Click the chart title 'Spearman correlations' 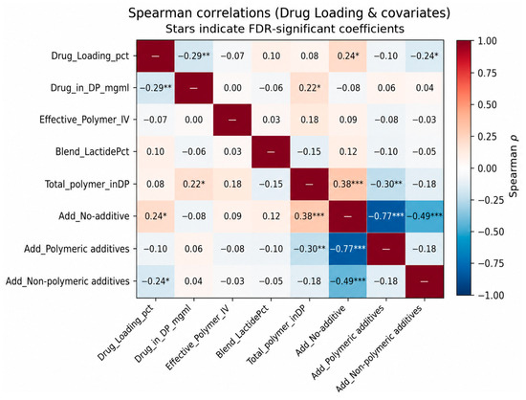[199, 13]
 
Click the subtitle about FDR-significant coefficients [285, 29]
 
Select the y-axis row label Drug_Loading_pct [90, 56]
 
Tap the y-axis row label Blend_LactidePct [92, 152]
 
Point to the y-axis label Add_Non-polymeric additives [68, 281]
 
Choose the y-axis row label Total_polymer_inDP [87, 184]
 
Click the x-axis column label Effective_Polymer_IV [198, 337]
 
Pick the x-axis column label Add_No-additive [320, 330]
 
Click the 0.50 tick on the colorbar [487, 104]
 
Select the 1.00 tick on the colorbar [487, 41]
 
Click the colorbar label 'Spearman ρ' [514, 167]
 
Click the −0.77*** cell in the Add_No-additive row [386, 216]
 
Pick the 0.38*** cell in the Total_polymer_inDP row [348, 184]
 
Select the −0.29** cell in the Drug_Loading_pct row [194, 56]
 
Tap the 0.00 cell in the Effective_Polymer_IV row [194, 120]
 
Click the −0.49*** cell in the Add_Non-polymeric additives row [348, 281]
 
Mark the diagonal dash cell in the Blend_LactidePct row [271, 152]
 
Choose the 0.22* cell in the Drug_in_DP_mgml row [309, 88]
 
